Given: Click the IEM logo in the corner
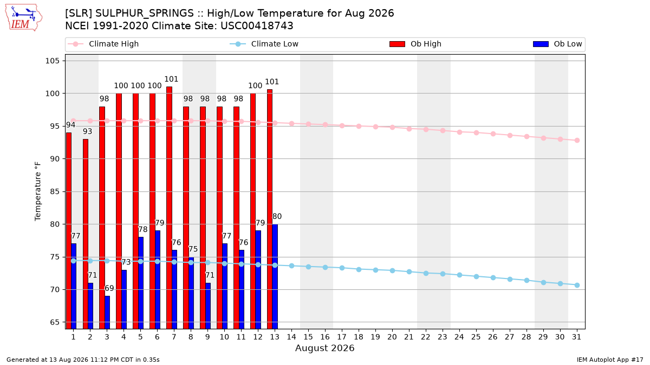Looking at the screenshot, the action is (24, 18).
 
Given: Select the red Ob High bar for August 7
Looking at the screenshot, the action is (169, 208).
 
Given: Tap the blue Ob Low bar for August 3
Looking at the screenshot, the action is (107, 313).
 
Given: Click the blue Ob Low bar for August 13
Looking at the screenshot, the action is (275, 277).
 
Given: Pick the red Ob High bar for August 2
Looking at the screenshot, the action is (86, 234).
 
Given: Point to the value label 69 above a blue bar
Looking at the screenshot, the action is (109, 289).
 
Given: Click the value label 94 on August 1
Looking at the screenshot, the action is (70, 125).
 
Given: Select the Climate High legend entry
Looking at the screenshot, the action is (103, 44).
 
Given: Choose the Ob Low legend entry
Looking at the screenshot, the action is (557, 44).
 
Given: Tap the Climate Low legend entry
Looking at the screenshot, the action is (264, 44).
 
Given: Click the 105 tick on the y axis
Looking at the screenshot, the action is (52, 61).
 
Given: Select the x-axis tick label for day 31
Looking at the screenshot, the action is (576, 337).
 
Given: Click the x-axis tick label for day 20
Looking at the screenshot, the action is (392, 337).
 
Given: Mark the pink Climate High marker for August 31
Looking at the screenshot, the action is (577, 140).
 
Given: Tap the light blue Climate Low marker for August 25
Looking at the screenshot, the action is (476, 277).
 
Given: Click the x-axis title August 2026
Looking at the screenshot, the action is (324, 348).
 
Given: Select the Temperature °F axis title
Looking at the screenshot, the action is (38, 191).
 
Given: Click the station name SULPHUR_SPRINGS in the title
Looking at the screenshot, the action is (145, 14).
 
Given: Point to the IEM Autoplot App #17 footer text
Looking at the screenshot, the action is (610, 360).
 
